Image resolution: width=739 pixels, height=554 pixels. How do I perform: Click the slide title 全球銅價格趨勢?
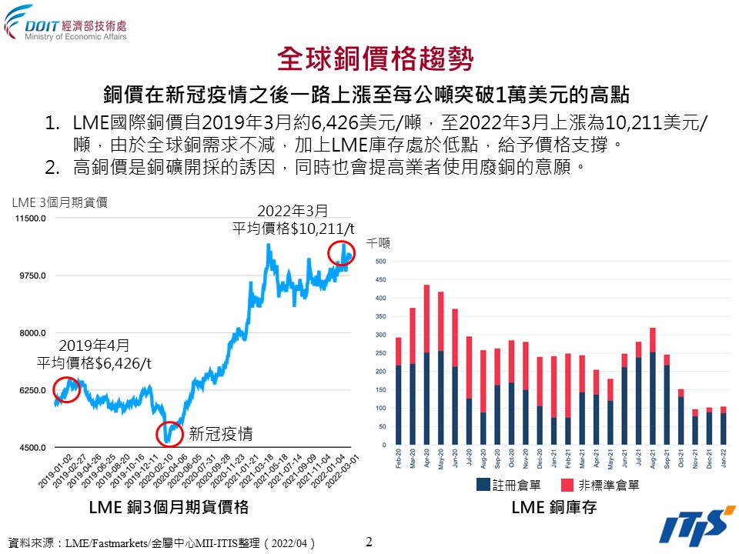tap(369, 58)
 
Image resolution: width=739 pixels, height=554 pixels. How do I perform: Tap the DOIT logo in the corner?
tap(65, 22)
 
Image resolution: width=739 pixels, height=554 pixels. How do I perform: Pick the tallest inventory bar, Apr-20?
tap(426, 365)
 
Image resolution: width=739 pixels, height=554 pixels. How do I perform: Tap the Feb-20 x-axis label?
tap(398, 459)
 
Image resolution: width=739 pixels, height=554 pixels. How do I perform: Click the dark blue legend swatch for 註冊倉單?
tap(483, 485)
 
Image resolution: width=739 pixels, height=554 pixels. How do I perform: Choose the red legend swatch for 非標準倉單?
tap(568, 485)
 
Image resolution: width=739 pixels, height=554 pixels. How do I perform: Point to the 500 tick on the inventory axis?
tap(380, 262)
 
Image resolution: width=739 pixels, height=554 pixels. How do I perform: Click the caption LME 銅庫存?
tap(553, 509)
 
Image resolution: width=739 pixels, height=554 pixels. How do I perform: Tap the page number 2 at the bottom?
tap(369, 542)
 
